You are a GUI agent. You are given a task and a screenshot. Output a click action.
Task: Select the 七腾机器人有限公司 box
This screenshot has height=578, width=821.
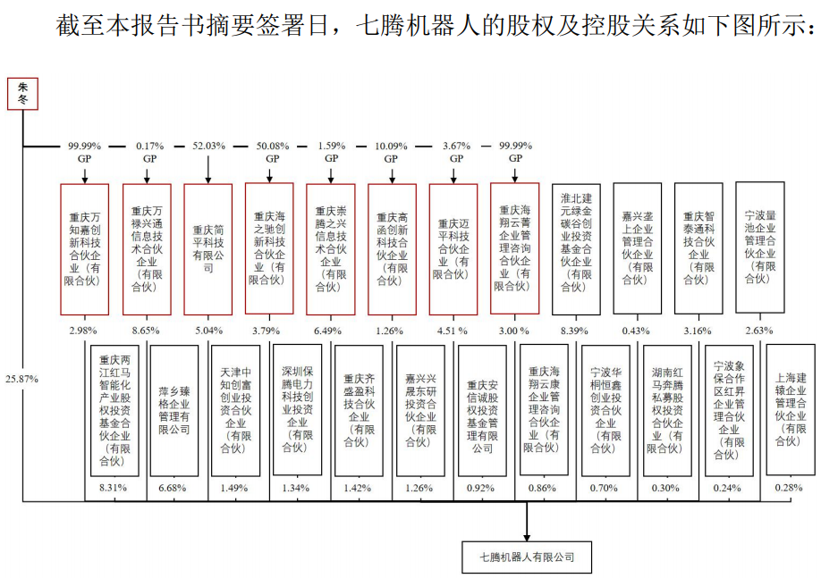click(528, 557)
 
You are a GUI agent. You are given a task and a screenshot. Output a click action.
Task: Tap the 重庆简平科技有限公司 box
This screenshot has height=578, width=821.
click(207, 248)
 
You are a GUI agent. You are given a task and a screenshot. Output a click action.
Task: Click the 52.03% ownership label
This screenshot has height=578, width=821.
click(207, 145)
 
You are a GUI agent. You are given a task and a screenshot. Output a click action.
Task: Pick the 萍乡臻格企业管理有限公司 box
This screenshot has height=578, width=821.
click(174, 411)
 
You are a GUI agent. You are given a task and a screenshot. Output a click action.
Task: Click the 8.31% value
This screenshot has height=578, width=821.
click(113, 487)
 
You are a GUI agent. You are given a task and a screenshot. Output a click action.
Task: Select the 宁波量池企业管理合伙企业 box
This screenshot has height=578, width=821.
click(760, 247)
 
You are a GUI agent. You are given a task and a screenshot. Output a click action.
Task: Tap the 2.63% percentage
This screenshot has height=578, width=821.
click(759, 331)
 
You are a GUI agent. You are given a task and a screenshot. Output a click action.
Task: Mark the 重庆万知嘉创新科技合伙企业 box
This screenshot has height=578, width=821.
click(84, 248)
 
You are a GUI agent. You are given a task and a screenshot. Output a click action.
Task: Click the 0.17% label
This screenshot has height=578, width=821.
click(147, 145)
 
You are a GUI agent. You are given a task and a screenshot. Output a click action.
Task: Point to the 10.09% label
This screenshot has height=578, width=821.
click(392, 145)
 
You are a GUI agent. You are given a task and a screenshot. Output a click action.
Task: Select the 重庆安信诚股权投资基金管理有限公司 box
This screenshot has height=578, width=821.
click(482, 411)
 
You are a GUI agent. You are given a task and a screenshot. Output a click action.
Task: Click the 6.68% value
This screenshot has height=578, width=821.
click(174, 487)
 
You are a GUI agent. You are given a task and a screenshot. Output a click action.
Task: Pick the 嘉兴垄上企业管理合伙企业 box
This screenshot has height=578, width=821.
click(638, 248)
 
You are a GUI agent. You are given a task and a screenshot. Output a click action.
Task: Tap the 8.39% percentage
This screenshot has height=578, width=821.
click(575, 331)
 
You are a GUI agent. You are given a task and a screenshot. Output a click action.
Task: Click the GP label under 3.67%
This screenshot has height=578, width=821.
click(455, 158)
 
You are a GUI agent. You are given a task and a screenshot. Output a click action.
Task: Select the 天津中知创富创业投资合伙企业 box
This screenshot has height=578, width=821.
click(236, 411)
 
